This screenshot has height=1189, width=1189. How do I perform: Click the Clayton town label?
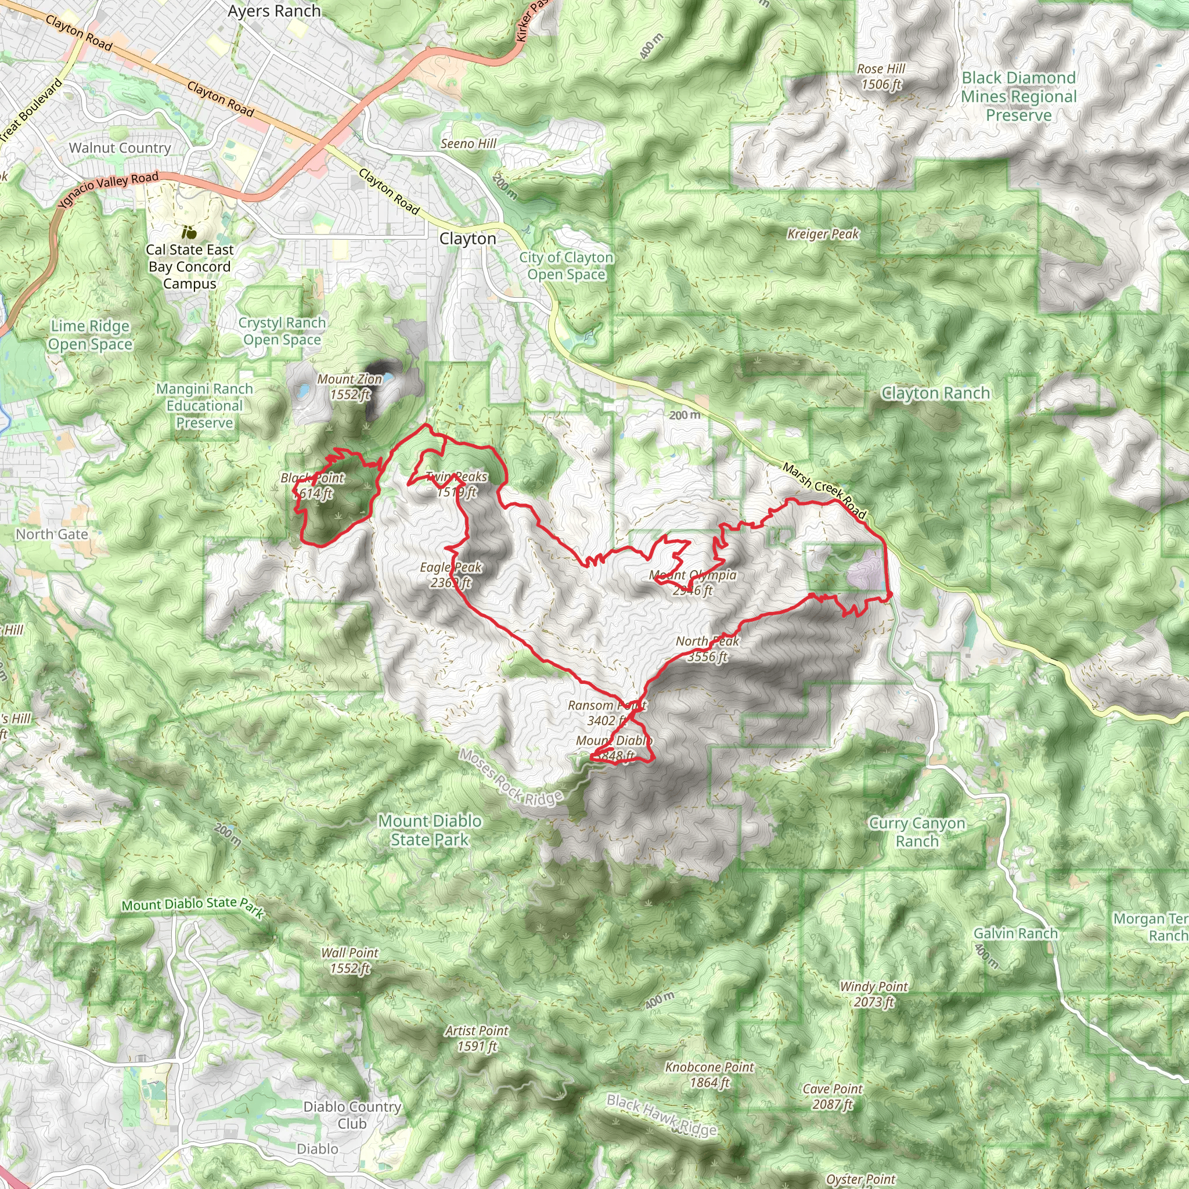tap(467, 239)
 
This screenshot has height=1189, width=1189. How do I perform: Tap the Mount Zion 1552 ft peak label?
tap(350, 387)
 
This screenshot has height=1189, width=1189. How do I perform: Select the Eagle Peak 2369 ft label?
tap(451, 574)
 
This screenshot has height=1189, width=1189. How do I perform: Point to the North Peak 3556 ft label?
tap(707, 648)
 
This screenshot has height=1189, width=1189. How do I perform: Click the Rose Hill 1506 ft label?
tap(881, 76)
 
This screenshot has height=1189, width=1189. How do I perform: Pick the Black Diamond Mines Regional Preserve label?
tap(1018, 96)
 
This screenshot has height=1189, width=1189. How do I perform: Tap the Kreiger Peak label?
tap(823, 234)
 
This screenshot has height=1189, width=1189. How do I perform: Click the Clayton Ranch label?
tap(935, 392)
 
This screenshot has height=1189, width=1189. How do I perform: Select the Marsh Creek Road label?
tap(824, 491)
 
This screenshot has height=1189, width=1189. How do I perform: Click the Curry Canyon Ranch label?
tap(917, 832)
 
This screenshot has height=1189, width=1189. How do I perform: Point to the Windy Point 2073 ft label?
tap(873, 994)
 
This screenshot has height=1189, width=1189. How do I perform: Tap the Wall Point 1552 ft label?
tap(350, 960)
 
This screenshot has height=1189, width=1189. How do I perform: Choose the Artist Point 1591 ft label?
tap(477, 1038)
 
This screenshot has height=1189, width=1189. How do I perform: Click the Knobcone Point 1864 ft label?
tap(709, 1075)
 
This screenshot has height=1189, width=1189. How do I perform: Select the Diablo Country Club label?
tap(352, 1115)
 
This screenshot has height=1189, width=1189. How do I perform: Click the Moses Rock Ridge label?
tap(510, 777)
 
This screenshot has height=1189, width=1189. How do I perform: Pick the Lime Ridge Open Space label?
tap(90, 335)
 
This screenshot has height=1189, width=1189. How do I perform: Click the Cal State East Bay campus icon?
tap(189, 232)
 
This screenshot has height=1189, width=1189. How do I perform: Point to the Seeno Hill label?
tap(469, 143)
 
